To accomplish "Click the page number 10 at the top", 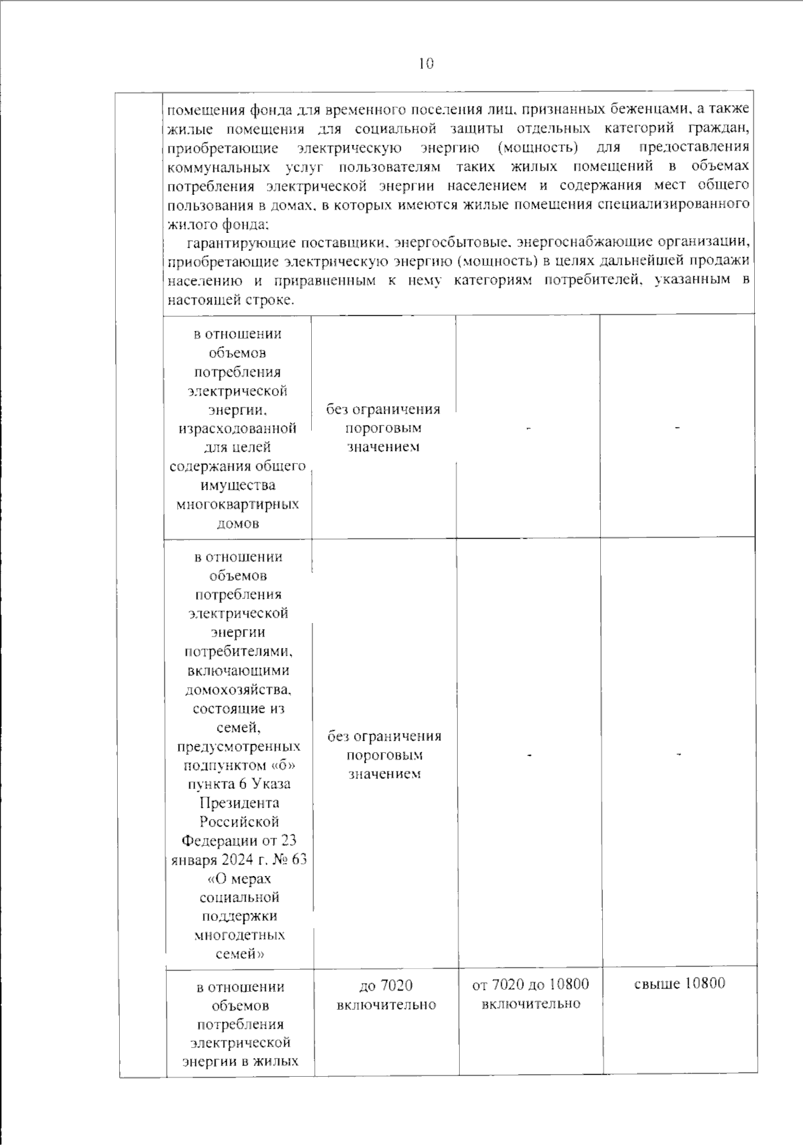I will click(x=426, y=64).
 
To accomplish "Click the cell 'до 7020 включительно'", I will click(x=386, y=994).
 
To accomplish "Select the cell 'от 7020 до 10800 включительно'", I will click(x=530, y=994).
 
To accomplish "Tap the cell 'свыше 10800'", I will click(x=679, y=983).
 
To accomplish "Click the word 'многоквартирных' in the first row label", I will click(x=238, y=504).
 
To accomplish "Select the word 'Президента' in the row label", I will click(x=239, y=802).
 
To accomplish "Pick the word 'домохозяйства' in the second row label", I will click(x=238, y=689).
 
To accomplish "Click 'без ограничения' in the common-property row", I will click(x=383, y=410).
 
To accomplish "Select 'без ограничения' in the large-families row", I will click(x=384, y=736).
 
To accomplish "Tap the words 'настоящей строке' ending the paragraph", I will click(x=230, y=300).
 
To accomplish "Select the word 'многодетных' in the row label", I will click(x=239, y=935).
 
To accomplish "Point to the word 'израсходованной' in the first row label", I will click(x=238, y=428).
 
